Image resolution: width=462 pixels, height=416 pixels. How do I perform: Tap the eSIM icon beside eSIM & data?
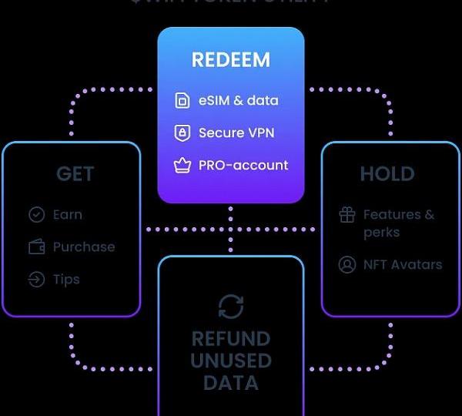[x=182, y=101]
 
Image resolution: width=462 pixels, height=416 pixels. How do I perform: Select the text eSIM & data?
[x=238, y=101]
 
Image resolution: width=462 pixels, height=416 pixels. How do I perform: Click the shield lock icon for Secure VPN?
[x=182, y=133]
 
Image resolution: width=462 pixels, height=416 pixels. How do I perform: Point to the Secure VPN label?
[x=236, y=133]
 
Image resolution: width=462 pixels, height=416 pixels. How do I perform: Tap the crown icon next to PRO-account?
[x=182, y=166]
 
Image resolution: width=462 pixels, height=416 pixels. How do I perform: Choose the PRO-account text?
[x=243, y=166]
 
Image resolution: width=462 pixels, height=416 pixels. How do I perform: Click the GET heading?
[x=75, y=174]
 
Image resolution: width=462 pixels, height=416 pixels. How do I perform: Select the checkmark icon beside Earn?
[x=36, y=215]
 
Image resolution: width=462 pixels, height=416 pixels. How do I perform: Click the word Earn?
[x=68, y=215]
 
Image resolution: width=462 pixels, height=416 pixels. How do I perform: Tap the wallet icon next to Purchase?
[x=36, y=247]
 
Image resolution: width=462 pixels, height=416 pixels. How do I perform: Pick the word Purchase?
[x=84, y=247]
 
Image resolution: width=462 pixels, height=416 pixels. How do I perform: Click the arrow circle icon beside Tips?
[x=36, y=280]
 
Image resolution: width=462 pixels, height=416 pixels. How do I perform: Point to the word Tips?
[x=66, y=280]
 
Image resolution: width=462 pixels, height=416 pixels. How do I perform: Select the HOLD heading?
[x=387, y=174]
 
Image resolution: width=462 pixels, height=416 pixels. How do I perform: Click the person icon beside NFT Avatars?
[x=347, y=265]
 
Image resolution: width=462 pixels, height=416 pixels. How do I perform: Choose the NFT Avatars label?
[x=403, y=265]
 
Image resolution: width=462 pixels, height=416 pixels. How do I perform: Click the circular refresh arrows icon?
[x=231, y=307]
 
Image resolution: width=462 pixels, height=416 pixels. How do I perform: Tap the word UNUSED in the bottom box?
[x=231, y=361]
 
